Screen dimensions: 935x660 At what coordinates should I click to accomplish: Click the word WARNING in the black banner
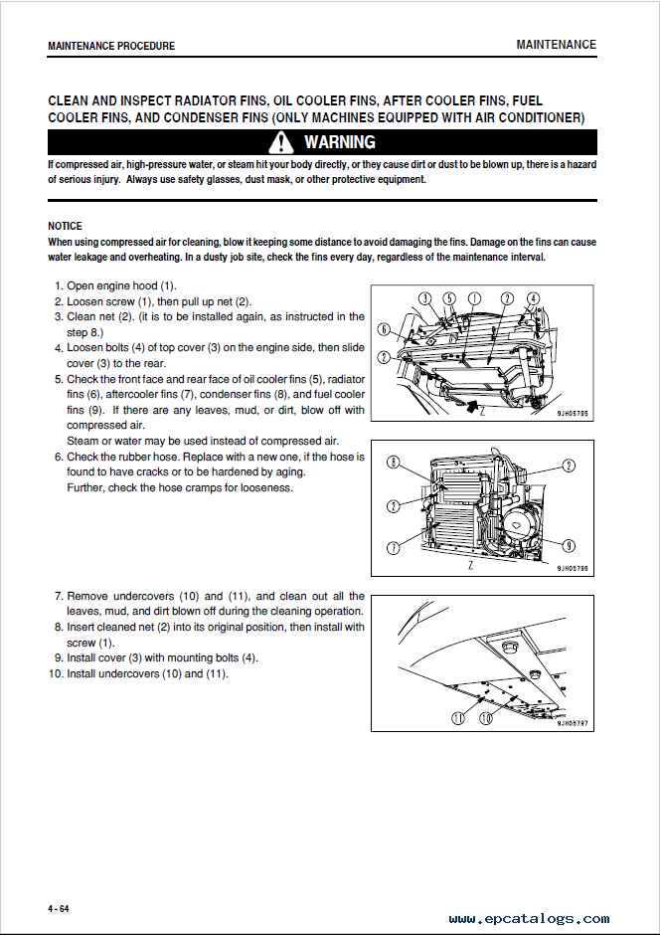[x=339, y=142]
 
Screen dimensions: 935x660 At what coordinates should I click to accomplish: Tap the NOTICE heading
[x=65, y=226]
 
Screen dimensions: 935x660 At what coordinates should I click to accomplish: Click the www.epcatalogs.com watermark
[x=529, y=919]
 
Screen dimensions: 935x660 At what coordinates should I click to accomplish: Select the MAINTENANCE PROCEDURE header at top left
[x=110, y=46]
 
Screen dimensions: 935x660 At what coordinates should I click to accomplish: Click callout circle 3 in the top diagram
[x=424, y=298]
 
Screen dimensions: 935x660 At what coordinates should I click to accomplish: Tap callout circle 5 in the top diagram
[x=448, y=298]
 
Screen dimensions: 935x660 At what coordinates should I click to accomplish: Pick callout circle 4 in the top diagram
[x=534, y=298]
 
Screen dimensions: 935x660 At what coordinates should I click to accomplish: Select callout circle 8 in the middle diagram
[x=394, y=463]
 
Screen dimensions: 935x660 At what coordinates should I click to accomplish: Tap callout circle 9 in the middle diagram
[x=570, y=544]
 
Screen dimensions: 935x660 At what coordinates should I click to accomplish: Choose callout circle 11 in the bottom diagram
[x=457, y=717]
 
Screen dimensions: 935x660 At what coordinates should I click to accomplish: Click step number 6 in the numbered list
[x=59, y=457]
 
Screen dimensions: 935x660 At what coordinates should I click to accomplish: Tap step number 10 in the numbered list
[x=56, y=673]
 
